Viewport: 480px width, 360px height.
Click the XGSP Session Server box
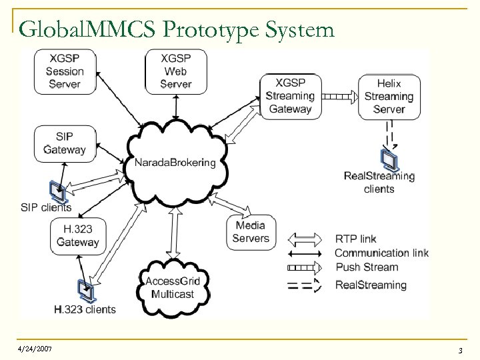65,71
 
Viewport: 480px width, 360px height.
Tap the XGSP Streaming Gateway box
290,97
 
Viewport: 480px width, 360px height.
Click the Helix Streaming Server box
389,97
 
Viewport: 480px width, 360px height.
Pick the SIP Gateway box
65,143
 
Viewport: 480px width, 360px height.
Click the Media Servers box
251,231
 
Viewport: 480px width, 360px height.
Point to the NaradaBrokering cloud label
175,163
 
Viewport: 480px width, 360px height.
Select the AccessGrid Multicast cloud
173,287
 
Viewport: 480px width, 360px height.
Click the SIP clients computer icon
57,192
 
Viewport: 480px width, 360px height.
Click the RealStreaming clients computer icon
389,159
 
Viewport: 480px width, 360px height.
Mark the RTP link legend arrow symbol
308,238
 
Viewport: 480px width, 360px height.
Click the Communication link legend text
381,253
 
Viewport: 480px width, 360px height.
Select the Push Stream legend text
367,267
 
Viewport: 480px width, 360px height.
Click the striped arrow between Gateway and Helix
339,97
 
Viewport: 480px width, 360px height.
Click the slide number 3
460,350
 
